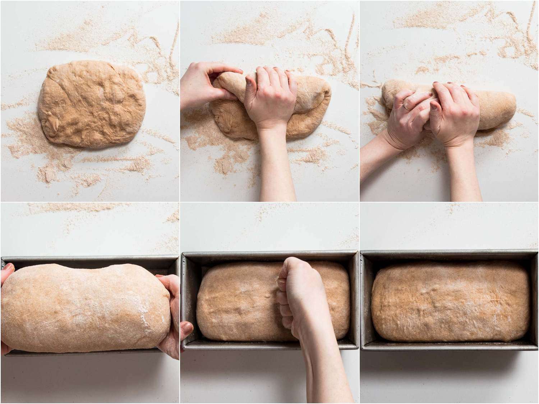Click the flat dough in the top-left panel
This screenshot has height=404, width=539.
pyautogui.click(x=92, y=104)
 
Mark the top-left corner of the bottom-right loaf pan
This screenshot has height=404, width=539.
pyautogui.click(x=362, y=252)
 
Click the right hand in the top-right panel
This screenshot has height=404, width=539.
pyautogui.click(x=456, y=115)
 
